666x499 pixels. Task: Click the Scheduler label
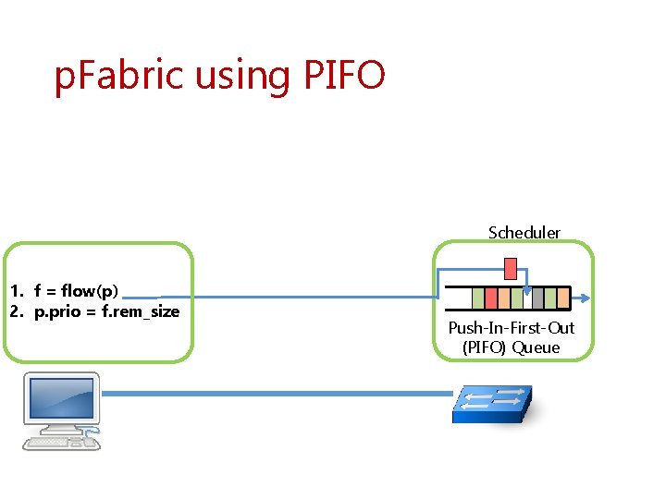click(x=524, y=233)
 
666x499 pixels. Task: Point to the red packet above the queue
click(x=510, y=269)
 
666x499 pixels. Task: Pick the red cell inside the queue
click(x=491, y=298)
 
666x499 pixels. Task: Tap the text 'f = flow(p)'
click(x=76, y=291)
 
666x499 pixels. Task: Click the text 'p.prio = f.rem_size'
click(x=106, y=311)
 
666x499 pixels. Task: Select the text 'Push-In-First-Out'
click(x=512, y=328)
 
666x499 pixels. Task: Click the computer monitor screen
click(x=60, y=397)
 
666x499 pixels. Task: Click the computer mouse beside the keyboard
click(x=90, y=442)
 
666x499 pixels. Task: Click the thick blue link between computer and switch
click(x=277, y=394)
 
